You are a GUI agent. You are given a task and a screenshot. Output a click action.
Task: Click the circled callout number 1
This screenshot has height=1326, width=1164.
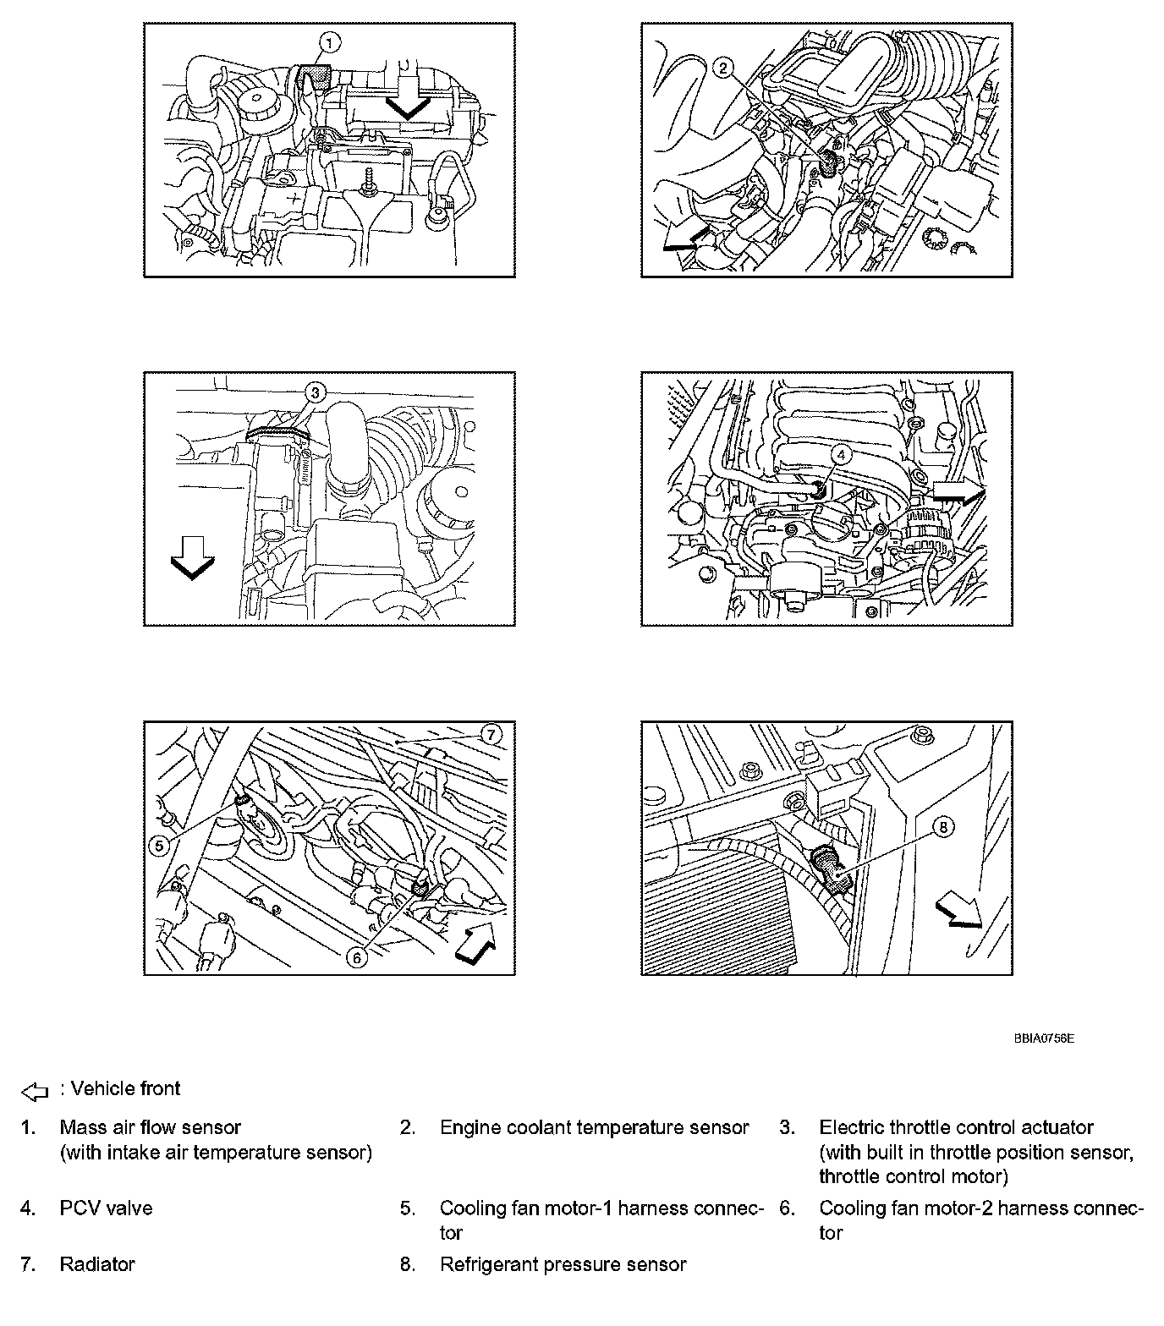point(331,41)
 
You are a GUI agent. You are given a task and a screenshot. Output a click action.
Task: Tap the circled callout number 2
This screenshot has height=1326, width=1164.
point(722,68)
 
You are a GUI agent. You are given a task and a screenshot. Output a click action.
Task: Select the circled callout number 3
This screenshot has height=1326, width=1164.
point(313,392)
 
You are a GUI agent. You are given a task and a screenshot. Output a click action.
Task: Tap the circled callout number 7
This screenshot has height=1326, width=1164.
point(493,734)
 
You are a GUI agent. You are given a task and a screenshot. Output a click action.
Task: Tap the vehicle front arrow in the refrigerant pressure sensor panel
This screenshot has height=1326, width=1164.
point(958,913)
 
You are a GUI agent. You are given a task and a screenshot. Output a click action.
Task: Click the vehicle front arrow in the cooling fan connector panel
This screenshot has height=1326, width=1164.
point(475,942)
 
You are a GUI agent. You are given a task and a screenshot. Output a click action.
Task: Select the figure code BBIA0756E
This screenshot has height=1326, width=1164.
point(1044,1038)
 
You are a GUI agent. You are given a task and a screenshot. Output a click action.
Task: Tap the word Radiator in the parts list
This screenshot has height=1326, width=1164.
point(97,1264)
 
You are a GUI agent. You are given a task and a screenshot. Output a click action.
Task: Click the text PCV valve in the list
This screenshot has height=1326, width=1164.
point(106,1208)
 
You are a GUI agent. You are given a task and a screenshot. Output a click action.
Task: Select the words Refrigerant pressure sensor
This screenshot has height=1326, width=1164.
point(563,1264)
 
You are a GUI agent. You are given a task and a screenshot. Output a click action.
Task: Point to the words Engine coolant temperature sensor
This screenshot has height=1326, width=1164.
point(594,1127)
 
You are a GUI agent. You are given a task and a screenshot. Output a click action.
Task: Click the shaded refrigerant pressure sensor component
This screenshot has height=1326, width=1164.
point(829,867)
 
